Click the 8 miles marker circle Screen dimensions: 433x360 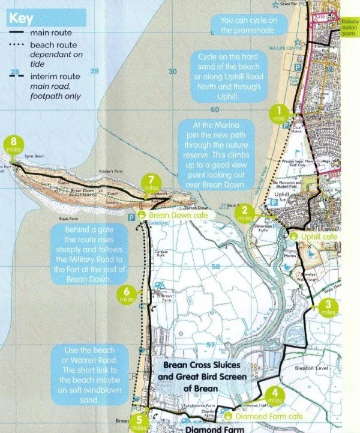point(13,144)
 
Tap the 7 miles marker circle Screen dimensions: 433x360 point(151,183)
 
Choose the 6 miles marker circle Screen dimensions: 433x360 point(127,294)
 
